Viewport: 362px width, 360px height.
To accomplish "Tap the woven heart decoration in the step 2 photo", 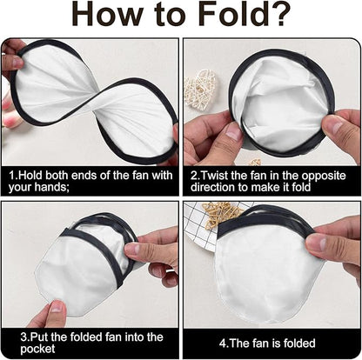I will [201, 88].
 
